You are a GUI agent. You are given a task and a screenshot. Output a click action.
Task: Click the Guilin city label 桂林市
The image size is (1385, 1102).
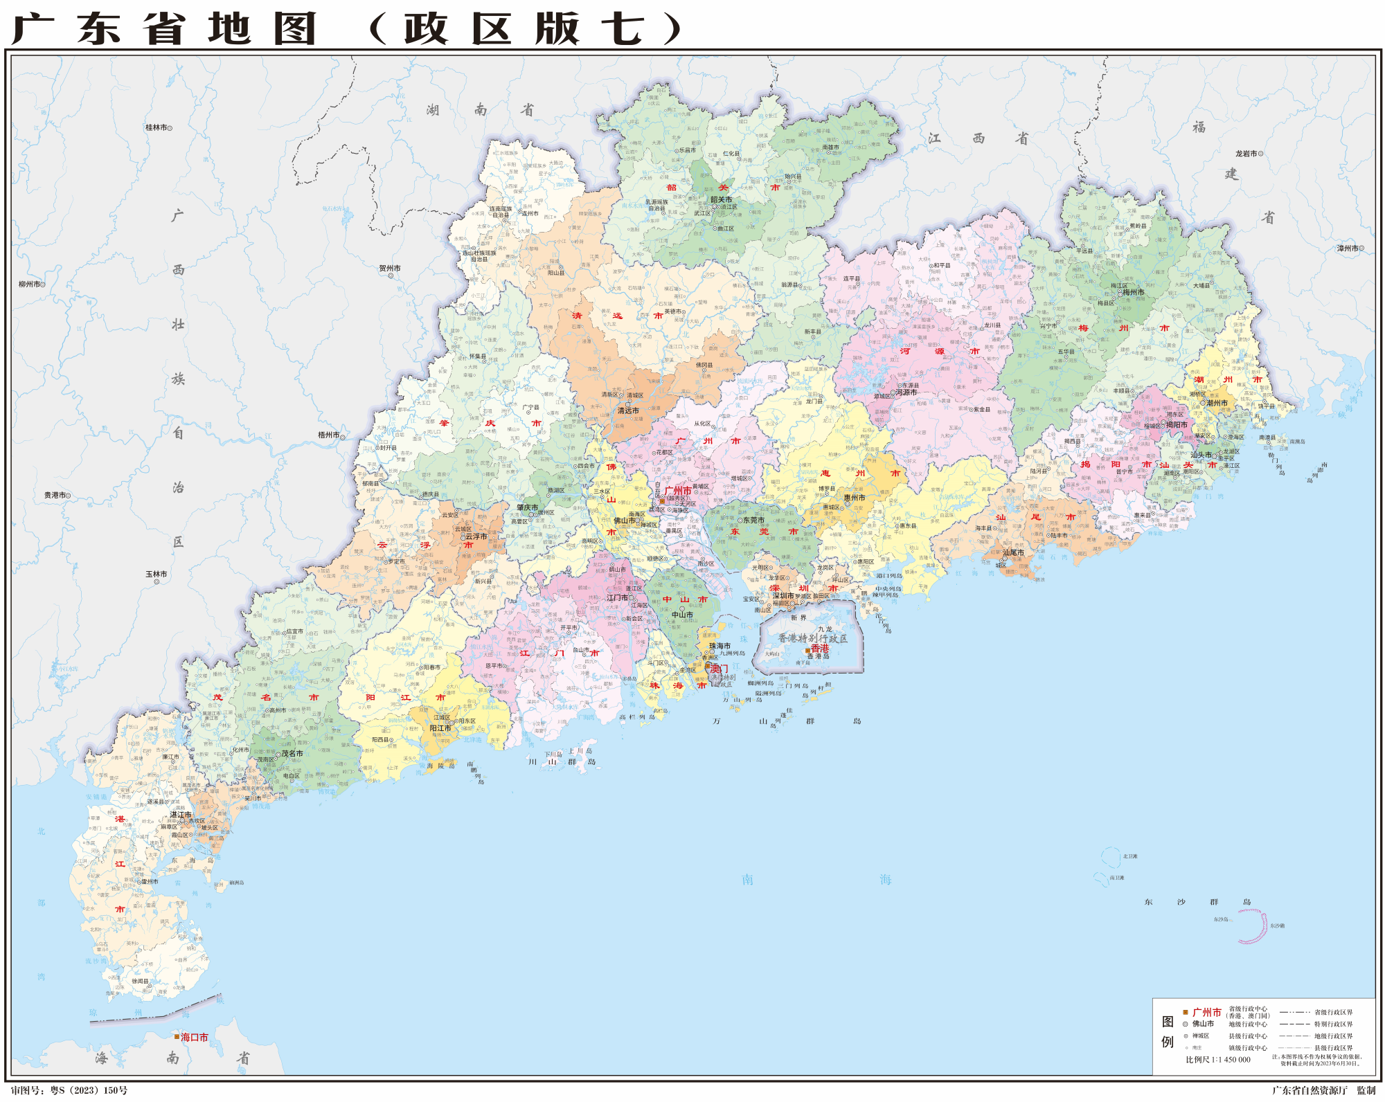pyautogui.click(x=156, y=127)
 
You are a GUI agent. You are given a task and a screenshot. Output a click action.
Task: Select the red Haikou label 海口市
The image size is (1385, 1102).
pyautogui.click(x=194, y=1037)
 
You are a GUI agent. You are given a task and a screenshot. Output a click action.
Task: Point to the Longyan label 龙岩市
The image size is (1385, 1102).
pyautogui.click(x=1246, y=154)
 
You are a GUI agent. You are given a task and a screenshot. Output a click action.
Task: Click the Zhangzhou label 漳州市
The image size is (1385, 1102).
pyautogui.click(x=1347, y=248)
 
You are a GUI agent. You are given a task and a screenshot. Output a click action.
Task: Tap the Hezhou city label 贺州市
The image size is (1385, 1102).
pyautogui.click(x=389, y=268)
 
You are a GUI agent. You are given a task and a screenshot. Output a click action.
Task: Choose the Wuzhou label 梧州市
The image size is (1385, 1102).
pyautogui.click(x=329, y=435)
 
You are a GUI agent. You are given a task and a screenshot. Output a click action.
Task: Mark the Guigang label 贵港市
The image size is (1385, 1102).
pyautogui.click(x=55, y=495)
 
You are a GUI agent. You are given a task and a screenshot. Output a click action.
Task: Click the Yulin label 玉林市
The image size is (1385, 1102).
pyautogui.click(x=156, y=574)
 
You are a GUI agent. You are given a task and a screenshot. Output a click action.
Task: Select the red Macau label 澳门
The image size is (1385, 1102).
pyautogui.click(x=719, y=669)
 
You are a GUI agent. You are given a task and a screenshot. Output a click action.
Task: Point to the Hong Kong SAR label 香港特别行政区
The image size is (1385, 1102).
pyautogui.click(x=812, y=638)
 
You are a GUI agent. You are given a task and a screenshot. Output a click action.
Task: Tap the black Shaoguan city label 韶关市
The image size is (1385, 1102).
pyautogui.click(x=721, y=199)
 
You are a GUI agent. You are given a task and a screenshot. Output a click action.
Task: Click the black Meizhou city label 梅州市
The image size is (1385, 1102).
pyautogui.click(x=1134, y=292)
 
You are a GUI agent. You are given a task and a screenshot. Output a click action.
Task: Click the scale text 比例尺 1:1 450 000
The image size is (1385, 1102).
pyautogui.click(x=1217, y=1059)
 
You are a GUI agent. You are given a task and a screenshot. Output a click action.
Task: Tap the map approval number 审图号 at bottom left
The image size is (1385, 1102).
pyautogui.click(x=69, y=1090)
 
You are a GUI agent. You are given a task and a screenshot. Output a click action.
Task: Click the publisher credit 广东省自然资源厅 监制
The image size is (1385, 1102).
pyautogui.click(x=1323, y=1090)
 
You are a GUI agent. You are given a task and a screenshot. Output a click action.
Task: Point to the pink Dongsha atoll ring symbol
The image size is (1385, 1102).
pyautogui.click(x=1252, y=926)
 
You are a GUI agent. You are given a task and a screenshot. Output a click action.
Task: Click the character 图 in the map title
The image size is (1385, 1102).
pyautogui.click(x=294, y=29)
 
